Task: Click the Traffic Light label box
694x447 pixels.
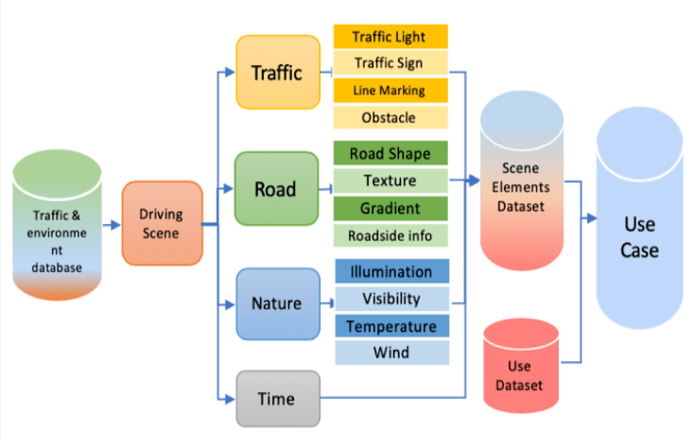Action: pos(389,37)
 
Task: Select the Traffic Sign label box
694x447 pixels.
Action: pos(389,63)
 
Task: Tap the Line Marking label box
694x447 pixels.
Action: pos(389,91)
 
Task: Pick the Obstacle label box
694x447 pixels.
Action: pos(389,117)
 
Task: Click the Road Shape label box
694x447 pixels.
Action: pos(390,154)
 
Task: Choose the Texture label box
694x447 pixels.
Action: pos(390,181)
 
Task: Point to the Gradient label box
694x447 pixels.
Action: pos(390,208)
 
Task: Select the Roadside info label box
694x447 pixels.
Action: pos(390,235)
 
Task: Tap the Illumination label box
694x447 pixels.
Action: pos(390,272)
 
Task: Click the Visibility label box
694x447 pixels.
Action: pos(390,299)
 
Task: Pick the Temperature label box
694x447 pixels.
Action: pos(390,326)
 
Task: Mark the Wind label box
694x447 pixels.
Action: pos(390,352)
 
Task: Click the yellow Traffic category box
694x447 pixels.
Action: pos(277,72)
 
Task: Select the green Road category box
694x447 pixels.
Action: pos(275,189)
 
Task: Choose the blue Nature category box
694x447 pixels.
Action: pos(276,304)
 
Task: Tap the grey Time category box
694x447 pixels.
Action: pos(276,398)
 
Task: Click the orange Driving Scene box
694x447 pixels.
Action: pos(162,223)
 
